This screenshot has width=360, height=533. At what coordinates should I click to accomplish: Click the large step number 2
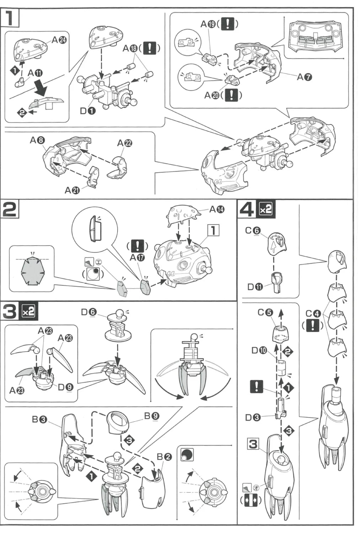click(10, 209)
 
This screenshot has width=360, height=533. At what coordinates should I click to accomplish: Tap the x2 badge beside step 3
click(28, 311)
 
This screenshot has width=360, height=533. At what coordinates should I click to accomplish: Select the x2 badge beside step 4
click(265, 209)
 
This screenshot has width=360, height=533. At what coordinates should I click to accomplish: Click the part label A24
click(59, 40)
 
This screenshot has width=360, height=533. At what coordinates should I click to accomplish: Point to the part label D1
click(88, 111)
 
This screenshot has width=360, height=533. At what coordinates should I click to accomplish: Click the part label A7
click(304, 76)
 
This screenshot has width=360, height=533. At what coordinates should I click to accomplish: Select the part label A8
click(37, 140)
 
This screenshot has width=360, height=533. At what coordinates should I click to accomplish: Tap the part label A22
click(124, 143)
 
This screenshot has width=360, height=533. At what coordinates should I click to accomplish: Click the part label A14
click(217, 209)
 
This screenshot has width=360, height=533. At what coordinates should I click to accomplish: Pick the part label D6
click(88, 312)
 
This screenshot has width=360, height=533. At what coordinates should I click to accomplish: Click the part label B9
click(152, 415)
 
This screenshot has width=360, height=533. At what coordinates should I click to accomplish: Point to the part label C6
click(253, 231)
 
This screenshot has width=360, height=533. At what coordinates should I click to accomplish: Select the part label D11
click(255, 286)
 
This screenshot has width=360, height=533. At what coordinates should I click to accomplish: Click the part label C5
click(265, 312)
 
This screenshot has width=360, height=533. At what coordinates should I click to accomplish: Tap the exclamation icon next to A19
click(227, 24)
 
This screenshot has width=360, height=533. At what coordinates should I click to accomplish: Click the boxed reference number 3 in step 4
click(253, 444)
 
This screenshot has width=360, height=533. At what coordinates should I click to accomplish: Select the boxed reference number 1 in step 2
click(213, 230)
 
